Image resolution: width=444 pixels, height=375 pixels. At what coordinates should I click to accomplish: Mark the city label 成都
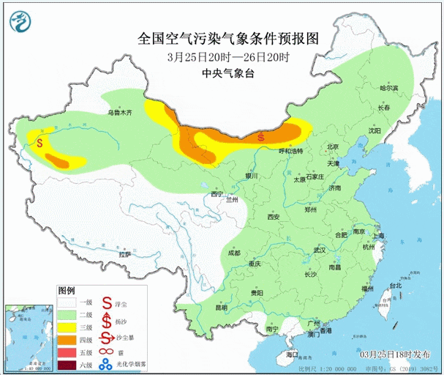tap(233, 253)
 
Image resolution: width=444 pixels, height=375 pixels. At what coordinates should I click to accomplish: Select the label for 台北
tap(395, 286)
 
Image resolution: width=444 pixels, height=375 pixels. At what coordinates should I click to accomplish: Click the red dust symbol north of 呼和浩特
tap(262, 136)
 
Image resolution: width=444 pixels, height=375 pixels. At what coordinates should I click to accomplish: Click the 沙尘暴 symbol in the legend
tap(107, 340)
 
